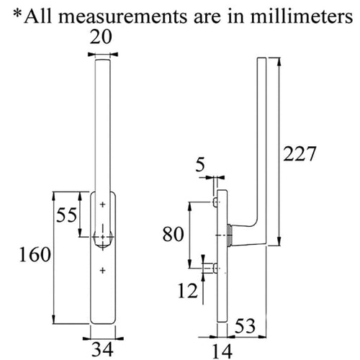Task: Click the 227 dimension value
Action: pos(300,154)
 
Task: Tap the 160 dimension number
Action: pos(35,255)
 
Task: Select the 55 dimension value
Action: pos(66,215)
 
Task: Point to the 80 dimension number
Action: pos(174,234)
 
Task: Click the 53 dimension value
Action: pos(245,326)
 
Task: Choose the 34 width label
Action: pos(102,350)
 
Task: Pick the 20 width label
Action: pos(101,37)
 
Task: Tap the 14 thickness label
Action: pos(222,352)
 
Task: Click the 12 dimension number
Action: pos(188,291)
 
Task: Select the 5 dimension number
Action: pos(200,165)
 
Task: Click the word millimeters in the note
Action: pos(302,17)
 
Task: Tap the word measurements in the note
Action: pos(122,17)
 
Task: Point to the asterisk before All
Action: pos(17,14)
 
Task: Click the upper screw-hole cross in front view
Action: pos(103,204)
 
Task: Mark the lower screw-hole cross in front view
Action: pos(103,271)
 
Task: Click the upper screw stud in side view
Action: pos(215,202)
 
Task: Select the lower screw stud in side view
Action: pos(215,268)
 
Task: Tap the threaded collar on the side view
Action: pos(229,235)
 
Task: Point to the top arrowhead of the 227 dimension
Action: pos(279,62)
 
